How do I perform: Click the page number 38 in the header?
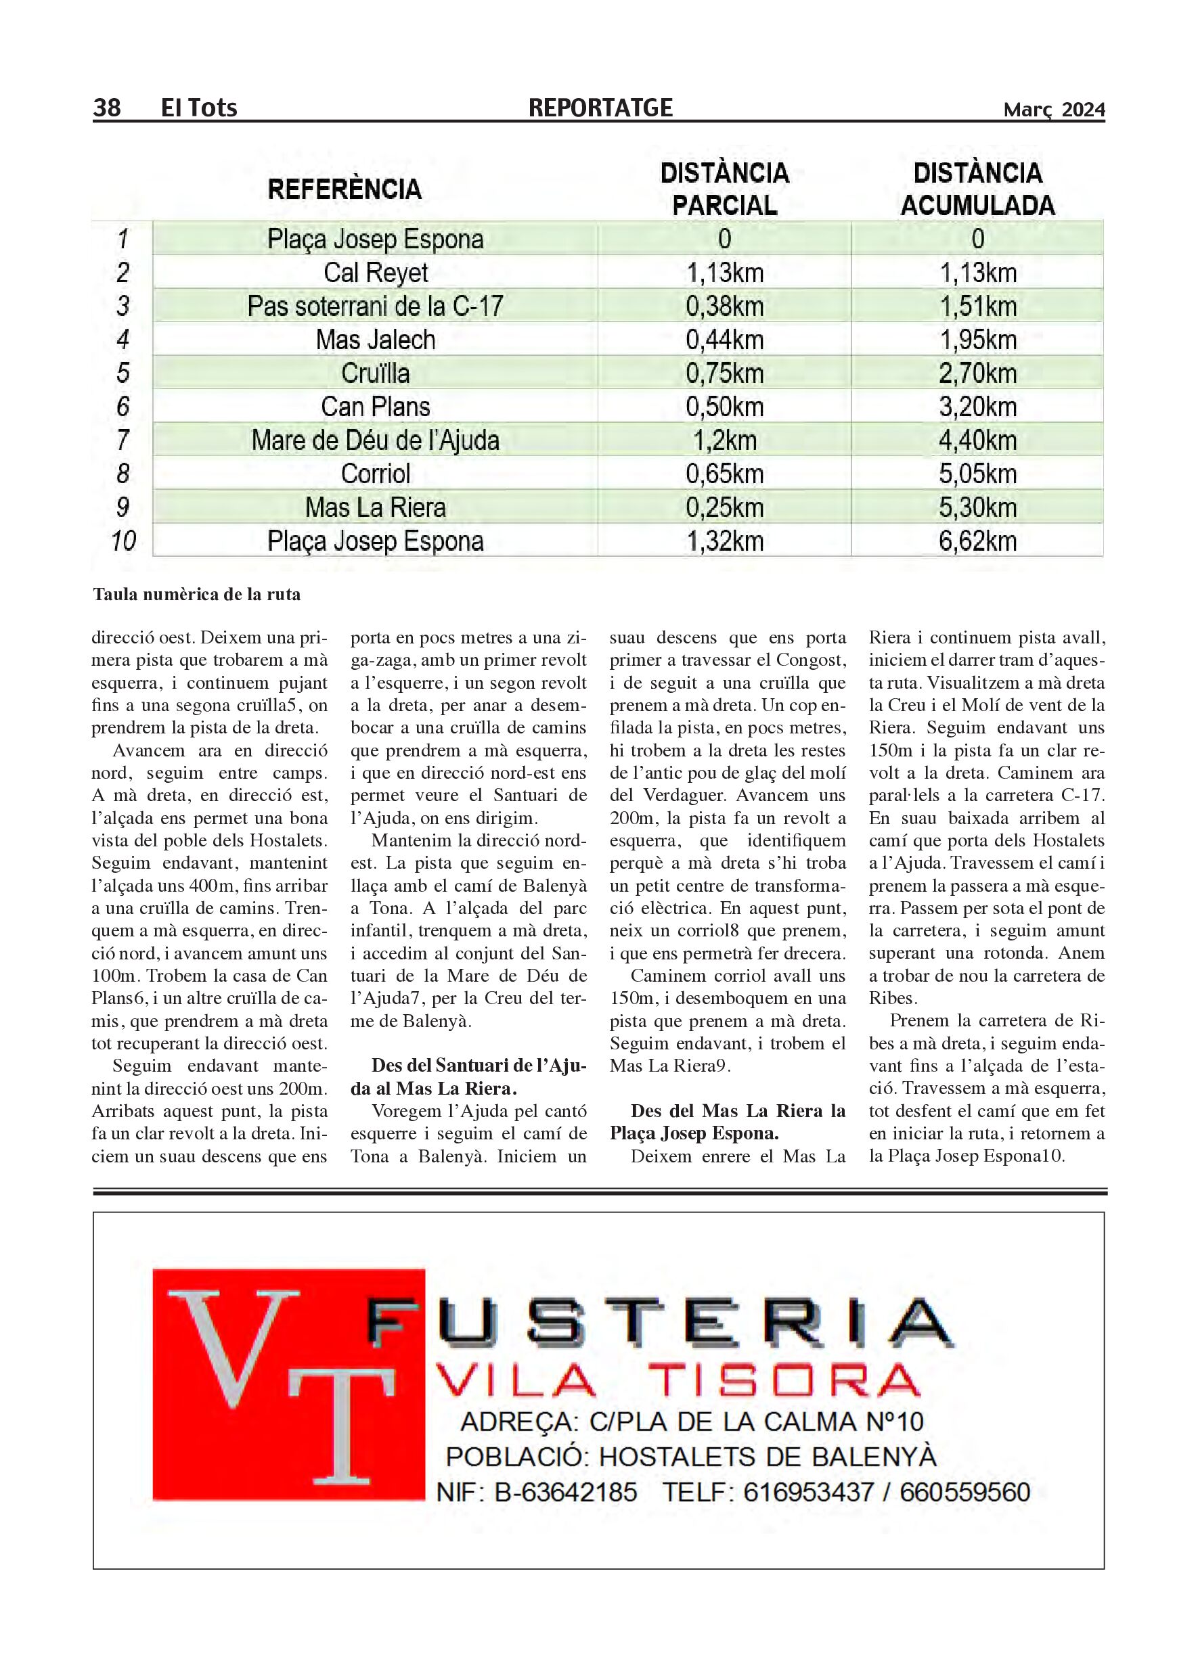(107, 108)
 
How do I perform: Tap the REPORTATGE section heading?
(600, 108)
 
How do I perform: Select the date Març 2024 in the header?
(1054, 110)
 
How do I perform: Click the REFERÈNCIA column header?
(345, 189)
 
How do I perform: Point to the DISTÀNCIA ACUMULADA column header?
(977, 189)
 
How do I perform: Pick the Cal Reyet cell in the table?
(375, 273)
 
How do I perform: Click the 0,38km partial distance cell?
(724, 306)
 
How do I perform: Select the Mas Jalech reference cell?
(375, 340)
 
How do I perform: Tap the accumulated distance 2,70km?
(977, 373)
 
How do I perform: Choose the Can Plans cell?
(375, 407)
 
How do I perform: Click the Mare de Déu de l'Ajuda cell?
(375, 441)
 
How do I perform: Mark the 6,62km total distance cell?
(977, 541)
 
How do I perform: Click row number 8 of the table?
(123, 474)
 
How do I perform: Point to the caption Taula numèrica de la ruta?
(196, 594)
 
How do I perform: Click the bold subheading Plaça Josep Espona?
(694, 1134)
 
